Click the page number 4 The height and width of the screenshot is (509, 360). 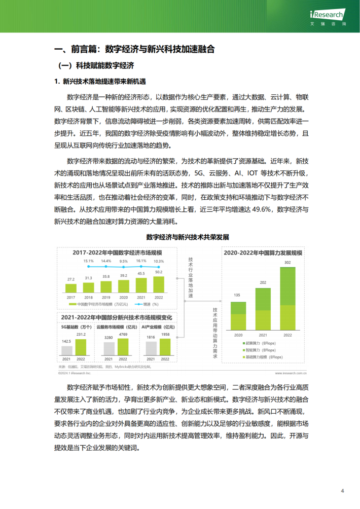point(342,491)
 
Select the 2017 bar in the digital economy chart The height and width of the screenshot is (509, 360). point(70,288)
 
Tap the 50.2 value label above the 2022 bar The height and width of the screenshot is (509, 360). point(159,272)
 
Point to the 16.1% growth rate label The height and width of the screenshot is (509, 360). point(141,261)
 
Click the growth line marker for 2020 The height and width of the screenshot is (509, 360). point(124,266)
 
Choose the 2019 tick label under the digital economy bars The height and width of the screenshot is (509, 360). point(106,297)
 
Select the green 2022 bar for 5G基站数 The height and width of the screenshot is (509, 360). point(81,347)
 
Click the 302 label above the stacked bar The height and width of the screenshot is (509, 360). point(287,263)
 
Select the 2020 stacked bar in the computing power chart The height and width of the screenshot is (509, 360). point(237,315)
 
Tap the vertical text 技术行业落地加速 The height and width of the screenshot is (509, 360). point(191,279)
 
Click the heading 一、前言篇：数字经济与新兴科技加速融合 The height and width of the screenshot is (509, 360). point(134,49)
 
